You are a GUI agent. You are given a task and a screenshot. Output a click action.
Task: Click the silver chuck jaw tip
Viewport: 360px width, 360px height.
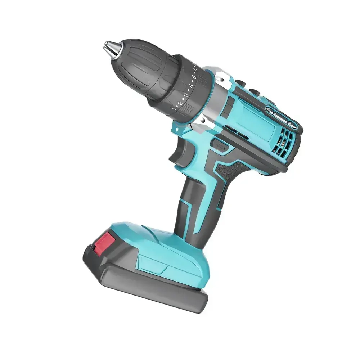tap(108, 47)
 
